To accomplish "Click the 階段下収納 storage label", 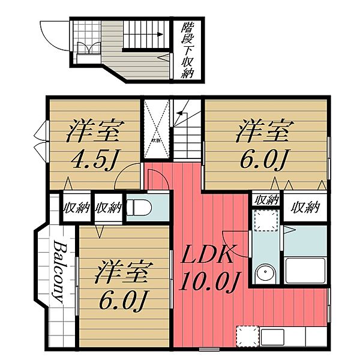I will pos(188,51).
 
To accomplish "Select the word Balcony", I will pos(59,272).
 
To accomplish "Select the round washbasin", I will pos(264,274).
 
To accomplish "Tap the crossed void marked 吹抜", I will pos(155,130).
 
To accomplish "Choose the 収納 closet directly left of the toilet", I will pos(109,208).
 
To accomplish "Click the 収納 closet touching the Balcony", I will pos(76,208).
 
